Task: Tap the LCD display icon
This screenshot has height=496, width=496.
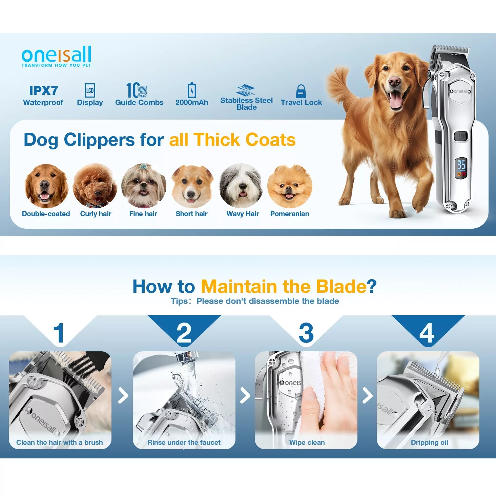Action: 90,90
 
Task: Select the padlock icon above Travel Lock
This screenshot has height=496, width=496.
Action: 301,91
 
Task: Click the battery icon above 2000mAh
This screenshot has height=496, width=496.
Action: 192,90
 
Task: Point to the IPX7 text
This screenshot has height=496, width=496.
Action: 43,90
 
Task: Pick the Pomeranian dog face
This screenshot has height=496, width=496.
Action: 290,186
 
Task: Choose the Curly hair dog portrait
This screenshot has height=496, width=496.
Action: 95,186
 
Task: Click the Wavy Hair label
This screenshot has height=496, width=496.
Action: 243,214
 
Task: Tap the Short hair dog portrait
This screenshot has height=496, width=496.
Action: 192,186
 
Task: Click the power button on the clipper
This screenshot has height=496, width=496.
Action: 460,136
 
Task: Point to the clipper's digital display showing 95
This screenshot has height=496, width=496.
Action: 461,168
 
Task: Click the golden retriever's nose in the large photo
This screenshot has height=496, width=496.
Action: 394,82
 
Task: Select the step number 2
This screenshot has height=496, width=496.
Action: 184,333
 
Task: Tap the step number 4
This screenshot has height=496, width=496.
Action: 427,333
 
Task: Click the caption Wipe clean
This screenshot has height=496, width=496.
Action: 307,442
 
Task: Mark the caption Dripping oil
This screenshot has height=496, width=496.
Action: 429,442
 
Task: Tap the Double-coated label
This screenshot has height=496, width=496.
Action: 46,214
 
